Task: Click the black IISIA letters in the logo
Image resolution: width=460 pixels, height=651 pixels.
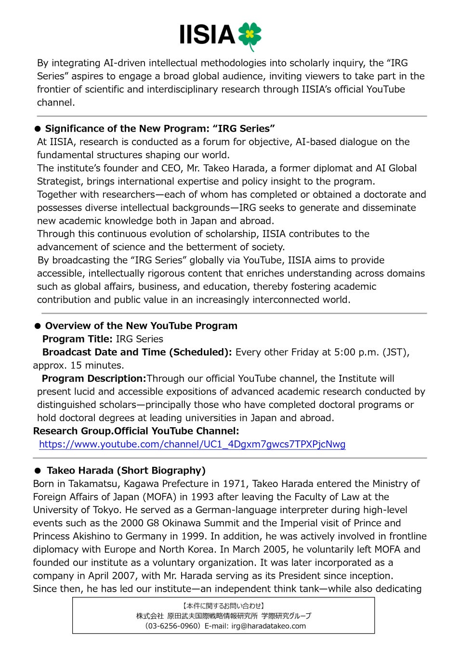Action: click(207, 35)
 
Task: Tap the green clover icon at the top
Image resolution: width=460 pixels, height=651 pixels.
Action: click(250, 35)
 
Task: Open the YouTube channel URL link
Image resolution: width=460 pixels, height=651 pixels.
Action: click(192, 444)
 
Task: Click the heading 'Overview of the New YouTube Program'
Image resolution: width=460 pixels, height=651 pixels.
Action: click(141, 326)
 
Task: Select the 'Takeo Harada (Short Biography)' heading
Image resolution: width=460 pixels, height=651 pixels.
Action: click(126, 471)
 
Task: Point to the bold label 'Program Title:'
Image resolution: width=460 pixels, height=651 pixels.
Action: click(77, 339)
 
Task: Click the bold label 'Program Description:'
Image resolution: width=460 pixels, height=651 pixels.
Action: click(94, 379)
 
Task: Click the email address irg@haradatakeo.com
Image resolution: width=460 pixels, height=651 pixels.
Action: click(268, 626)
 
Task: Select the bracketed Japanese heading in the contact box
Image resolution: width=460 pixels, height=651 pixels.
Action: click(223, 606)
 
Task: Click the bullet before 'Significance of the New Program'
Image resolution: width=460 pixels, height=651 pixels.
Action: click(38, 129)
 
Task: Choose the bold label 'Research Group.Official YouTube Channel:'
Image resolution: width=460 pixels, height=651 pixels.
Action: click(136, 431)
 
